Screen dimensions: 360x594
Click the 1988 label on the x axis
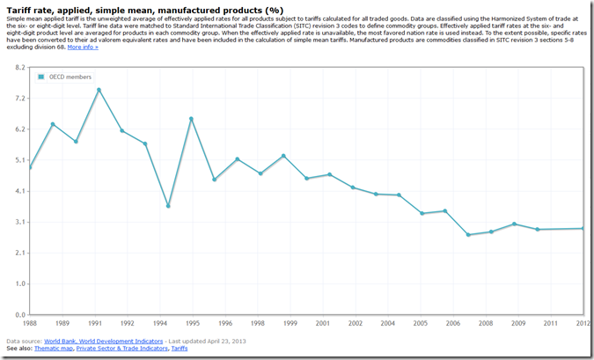(30, 323)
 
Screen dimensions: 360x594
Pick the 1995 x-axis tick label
(191, 323)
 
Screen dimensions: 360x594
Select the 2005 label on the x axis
(422, 323)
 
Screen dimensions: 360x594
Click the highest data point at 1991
(99, 90)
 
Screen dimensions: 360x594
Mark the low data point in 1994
(168, 206)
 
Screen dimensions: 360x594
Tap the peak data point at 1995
(191, 119)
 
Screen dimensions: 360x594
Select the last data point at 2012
(583, 229)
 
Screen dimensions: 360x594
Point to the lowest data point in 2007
(468, 235)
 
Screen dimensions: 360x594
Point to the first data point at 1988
(30, 167)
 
